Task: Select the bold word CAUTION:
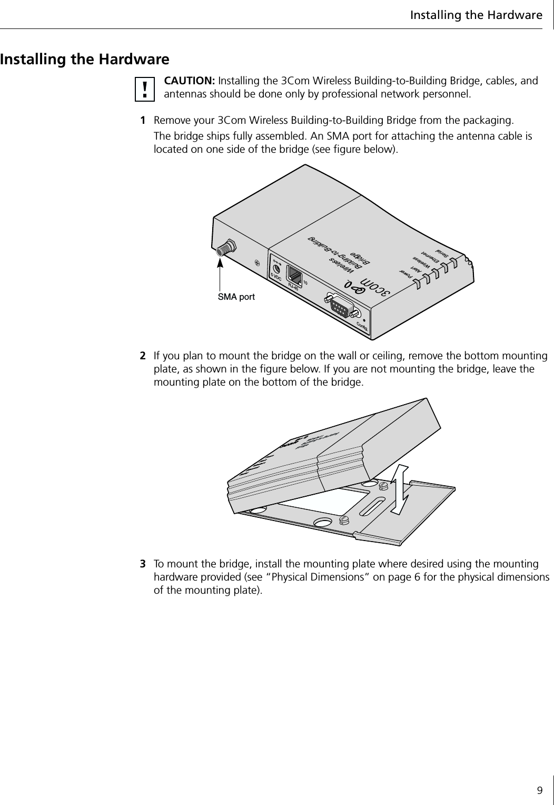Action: click(190, 81)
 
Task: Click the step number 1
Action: click(143, 120)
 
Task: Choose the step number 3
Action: click(143, 565)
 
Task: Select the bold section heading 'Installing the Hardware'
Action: click(85, 59)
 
